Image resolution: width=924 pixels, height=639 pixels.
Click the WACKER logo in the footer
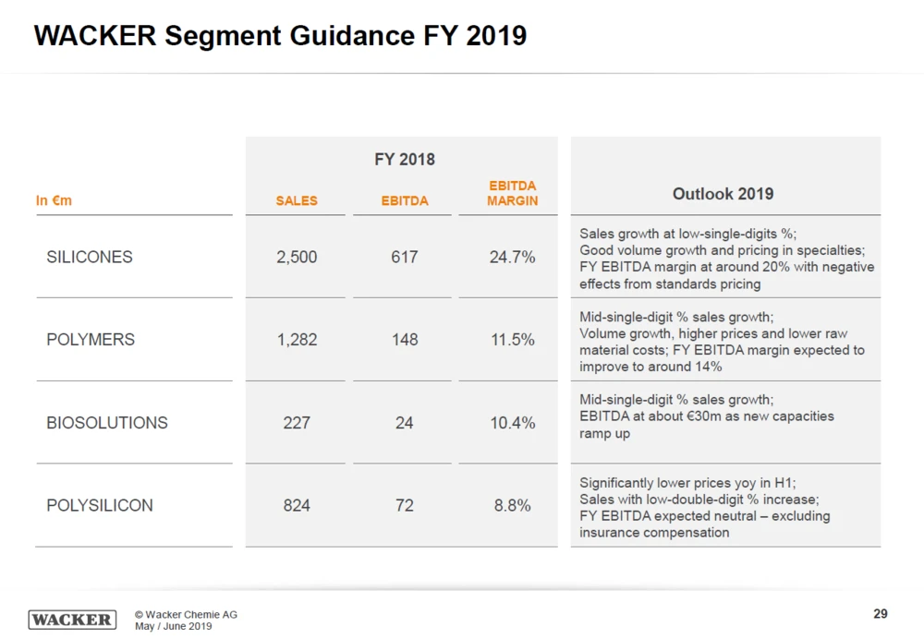click(x=72, y=620)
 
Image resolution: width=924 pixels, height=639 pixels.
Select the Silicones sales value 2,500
click(x=297, y=257)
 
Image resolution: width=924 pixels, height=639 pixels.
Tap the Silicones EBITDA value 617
click(x=405, y=257)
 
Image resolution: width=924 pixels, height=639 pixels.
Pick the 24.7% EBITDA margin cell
click(x=512, y=257)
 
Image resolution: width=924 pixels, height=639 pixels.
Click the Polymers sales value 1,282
click(x=297, y=340)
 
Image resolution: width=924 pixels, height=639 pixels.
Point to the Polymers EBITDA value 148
click(x=405, y=340)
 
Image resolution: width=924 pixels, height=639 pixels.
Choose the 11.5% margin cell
click(x=512, y=340)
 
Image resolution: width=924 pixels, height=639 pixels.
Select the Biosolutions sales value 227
click(x=297, y=423)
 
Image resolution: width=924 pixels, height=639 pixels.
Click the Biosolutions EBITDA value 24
click(x=405, y=423)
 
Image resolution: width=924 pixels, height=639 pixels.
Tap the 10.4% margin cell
click(x=512, y=423)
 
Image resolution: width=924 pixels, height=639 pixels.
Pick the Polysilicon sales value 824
click(x=297, y=506)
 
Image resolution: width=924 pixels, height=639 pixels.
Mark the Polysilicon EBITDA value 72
click(x=405, y=506)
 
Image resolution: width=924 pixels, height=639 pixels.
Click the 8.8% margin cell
click(x=512, y=506)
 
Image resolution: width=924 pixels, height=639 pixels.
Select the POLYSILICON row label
click(x=100, y=506)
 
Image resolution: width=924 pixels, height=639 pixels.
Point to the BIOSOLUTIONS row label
click(x=107, y=423)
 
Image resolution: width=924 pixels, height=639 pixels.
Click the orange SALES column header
click(x=297, y=200)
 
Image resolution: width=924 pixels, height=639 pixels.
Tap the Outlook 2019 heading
click(x=723, y=194)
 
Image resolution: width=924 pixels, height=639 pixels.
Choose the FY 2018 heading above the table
click(x=405, y=159)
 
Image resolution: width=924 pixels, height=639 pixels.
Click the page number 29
click(x=880, y=614)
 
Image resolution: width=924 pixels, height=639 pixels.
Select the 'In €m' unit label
click(x=54, y=200)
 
